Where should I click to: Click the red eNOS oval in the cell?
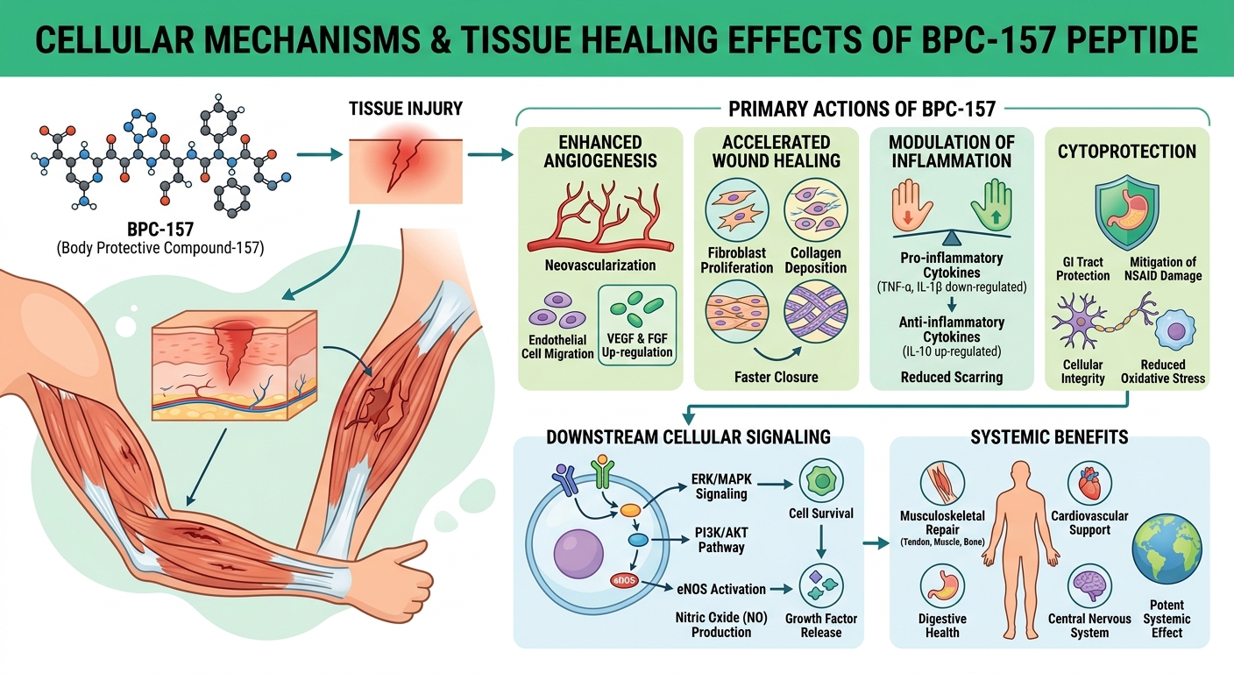(624, 580)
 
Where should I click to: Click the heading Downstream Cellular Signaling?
(687, 436)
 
